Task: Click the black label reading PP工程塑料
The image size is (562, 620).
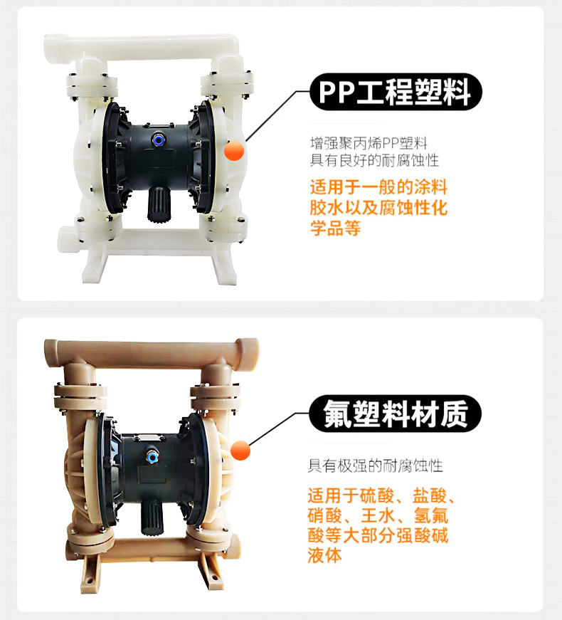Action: coord(396,92)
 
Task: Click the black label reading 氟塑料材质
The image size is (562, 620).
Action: coord(396,414)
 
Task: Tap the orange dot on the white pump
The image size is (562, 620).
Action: coord(234,151)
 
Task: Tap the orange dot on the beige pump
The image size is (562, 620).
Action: coord(240,451)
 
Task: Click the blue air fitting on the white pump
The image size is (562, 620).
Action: coord(159,140)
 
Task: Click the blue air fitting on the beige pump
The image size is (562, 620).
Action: coord(152,457)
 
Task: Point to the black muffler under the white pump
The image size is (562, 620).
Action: coord(158,203)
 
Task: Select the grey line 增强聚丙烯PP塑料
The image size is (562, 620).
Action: coord(369,143)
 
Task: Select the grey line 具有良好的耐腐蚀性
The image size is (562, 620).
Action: coord(374,160)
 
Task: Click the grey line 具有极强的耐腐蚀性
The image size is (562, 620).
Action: coord(375,466)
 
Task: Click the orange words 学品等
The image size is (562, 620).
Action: coord(335,228)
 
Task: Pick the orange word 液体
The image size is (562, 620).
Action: coord(324,555)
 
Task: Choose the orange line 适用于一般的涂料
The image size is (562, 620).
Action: coord(378,187)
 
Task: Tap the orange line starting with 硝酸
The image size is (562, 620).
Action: coord(378,515)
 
